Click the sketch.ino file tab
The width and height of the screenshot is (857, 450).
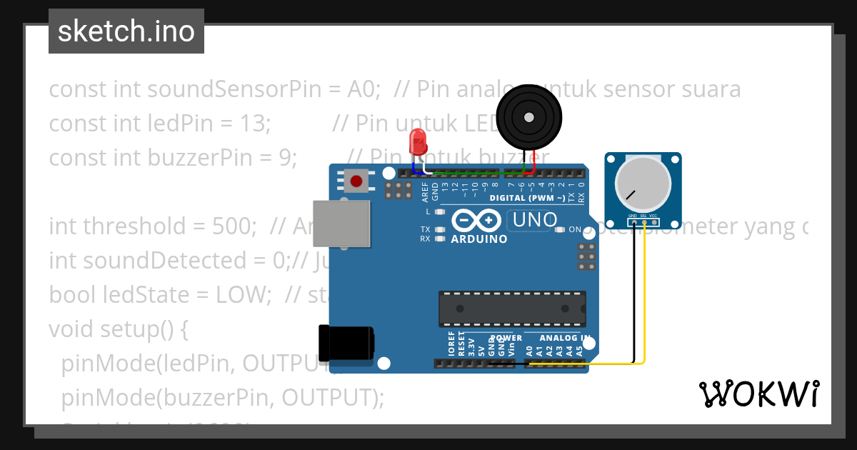[x=126, y=31]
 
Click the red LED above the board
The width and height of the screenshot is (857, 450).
[x=417, y=143]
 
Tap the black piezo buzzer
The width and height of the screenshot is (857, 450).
[x=528, y=117]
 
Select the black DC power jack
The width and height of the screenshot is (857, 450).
[x=346, y=343]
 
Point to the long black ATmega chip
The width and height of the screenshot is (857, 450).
[x=512, y=309]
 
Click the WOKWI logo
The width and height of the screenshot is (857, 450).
[x=758, y=394]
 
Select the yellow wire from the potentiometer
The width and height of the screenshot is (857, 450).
[x=645, y=300]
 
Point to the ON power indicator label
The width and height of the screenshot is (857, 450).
[x=575, y=229]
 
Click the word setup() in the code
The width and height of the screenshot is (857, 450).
[x=141, y=329]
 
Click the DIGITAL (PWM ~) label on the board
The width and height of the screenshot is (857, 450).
[x=528, y=198]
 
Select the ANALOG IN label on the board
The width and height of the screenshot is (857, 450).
[x=565, y=338]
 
